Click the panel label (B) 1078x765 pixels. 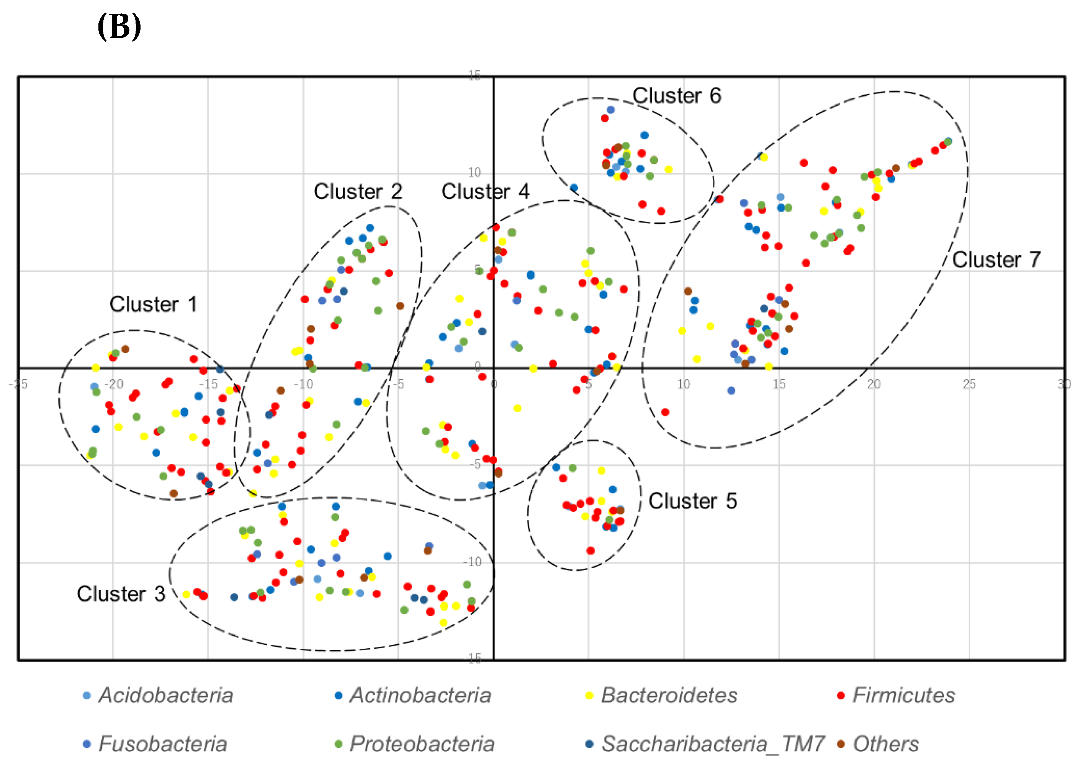click(119, 27)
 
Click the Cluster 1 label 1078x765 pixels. click(153, 304)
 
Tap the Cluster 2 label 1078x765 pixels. click(358, 192)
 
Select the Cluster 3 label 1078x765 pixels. click(121, 594)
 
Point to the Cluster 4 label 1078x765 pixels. click(485, 192)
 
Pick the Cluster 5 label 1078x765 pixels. click(692, 501)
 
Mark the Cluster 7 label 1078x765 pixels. click(996, 259)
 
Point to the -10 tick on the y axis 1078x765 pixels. click(473, 561)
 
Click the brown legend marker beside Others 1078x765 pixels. click(841, 744)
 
